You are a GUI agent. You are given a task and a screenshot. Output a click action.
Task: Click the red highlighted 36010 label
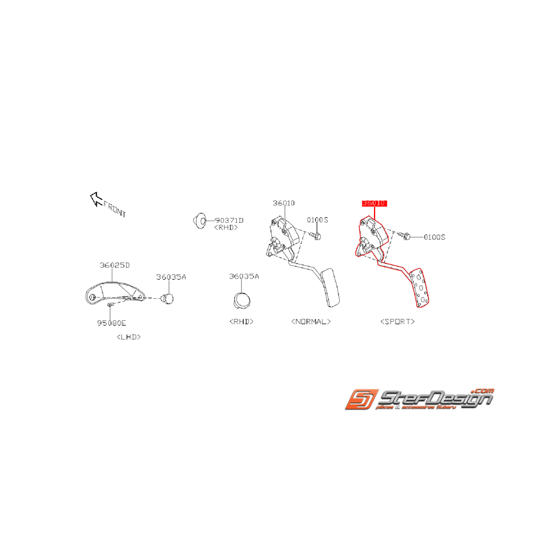tap(374, 203)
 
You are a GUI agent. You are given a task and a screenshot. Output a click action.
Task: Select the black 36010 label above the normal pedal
tap(284, 203)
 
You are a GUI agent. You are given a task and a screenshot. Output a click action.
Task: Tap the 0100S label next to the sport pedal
tap(434, 237)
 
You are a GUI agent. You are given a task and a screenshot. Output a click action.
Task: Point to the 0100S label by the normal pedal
tap(317, 220)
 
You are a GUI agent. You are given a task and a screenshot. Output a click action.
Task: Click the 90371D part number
tap(229, 221)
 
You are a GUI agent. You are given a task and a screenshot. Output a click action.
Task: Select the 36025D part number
tap(115, 265)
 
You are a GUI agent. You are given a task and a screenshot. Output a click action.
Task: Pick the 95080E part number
tap(112, 323)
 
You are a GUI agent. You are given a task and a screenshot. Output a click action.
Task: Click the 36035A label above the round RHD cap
tap(244, 277)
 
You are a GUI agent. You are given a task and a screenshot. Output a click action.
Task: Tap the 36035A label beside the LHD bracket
tap(171, 277)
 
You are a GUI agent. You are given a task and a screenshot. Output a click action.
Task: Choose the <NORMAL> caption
tap(311, 321)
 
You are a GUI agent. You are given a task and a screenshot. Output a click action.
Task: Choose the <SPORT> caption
tap(398, 321)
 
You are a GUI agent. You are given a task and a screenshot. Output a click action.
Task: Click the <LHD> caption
tap(129, 336)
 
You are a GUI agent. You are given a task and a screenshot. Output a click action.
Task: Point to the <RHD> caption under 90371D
tap(226, 228)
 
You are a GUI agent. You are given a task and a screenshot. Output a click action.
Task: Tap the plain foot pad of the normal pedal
tap(331, 288)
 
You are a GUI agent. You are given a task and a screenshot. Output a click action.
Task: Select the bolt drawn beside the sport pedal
tap(404, 236)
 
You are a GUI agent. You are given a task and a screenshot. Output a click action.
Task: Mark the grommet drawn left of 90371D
tap(199, 219)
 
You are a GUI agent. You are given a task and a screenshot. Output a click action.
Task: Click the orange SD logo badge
tap(362, 399)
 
